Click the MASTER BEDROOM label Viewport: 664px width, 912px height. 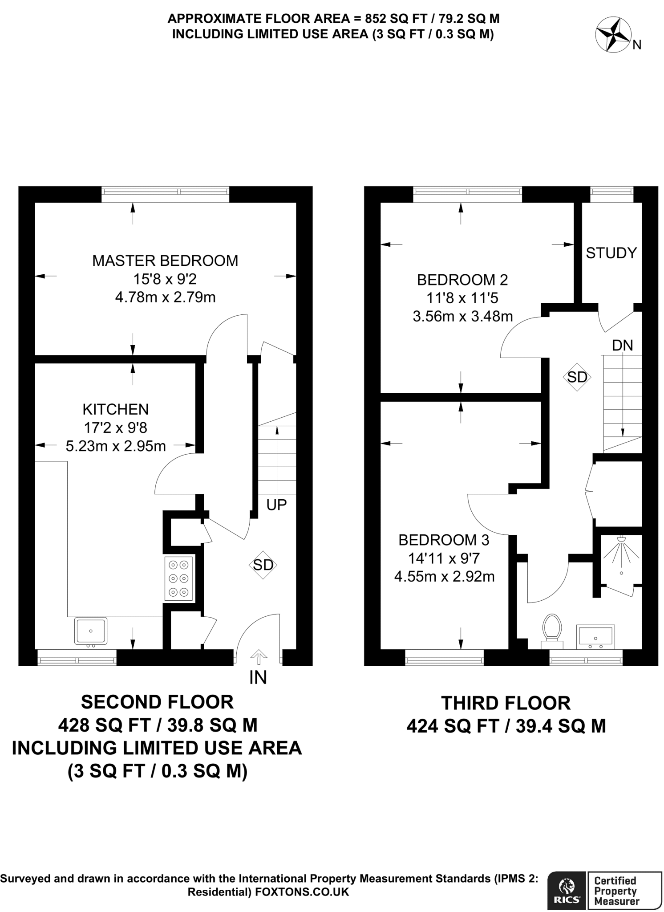pyautogui.click(x=165, y=261)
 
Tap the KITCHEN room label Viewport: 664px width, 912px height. pyautogui.click(x=116, y=409)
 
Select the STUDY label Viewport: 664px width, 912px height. pyautogui.click(x=611, y=253)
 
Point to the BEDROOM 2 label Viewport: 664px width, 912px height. pyautogui.click(x=462, y=280)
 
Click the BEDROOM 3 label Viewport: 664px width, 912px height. pyautogui.click(x=444, y=540)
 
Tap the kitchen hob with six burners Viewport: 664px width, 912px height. pyautogui.click(x=178, y=578)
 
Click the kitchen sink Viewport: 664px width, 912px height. pyautogui.click(x=91, y=631)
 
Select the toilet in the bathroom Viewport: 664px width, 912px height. pyautogui.click(x=552, y=631)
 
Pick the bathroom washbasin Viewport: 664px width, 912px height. pyautogui.click(x=595, y=635)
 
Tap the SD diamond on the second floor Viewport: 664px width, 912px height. pyautogui.click(x=263, y=565)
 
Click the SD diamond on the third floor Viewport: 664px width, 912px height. pyautogui.click(x=577, y=377)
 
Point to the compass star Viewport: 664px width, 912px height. pyautogui.click(x=613, y=35)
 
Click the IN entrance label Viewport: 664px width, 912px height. pyautogui.click(x=258, y=677)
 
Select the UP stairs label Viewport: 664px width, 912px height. pyautogui.click(x=276, y=505)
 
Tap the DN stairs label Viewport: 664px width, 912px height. pyautogui.click(x=622, y=345)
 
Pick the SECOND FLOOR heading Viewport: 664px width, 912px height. pyautogui.click(x=157, y=702)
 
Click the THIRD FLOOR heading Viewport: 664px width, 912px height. pyautogui.click(x=506, y=703)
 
